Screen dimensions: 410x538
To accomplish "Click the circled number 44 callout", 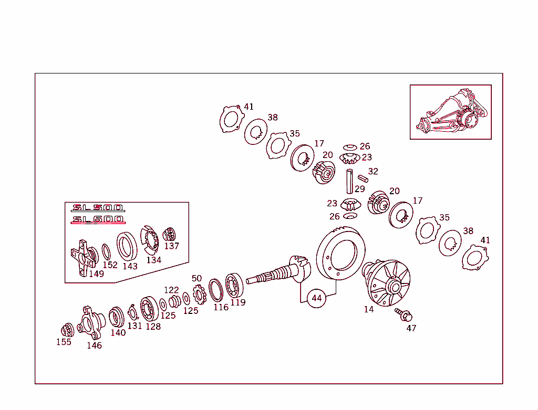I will click(x=316, y=298).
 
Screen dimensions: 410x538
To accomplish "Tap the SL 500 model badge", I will click(x=98, y=207).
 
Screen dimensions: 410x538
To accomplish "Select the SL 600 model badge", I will click(x=98, y=219).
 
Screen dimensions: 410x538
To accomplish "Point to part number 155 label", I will click(x=64, y=342).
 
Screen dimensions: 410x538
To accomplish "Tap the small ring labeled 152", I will click(x=106, y=251).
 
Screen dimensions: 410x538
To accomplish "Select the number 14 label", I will click(x=369, y=310).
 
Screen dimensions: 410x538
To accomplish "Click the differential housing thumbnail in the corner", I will click(x=451, y=112).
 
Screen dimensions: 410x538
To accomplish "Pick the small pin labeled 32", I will click(x=363, y=178).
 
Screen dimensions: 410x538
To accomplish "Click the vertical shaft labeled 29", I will click(x=349, y=181).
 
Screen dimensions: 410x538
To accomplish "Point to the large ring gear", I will click(x=340, y=255).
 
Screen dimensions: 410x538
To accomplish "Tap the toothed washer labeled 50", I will click(x=199, y=295).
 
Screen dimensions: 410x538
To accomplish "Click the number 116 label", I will click(x=221, y=308).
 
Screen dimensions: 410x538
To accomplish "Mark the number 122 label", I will click(x=171, y=290).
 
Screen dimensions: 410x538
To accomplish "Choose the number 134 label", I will click(x=153, y=260).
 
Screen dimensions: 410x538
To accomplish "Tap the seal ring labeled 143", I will click(x=127, y=246).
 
